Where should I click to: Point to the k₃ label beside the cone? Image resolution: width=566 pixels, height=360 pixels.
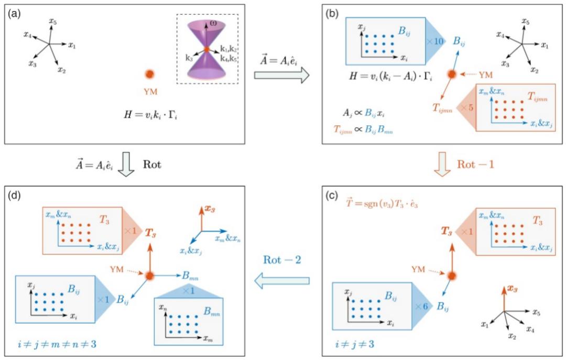click(189, 58)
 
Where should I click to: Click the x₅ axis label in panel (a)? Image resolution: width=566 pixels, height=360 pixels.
click(52, 21)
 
